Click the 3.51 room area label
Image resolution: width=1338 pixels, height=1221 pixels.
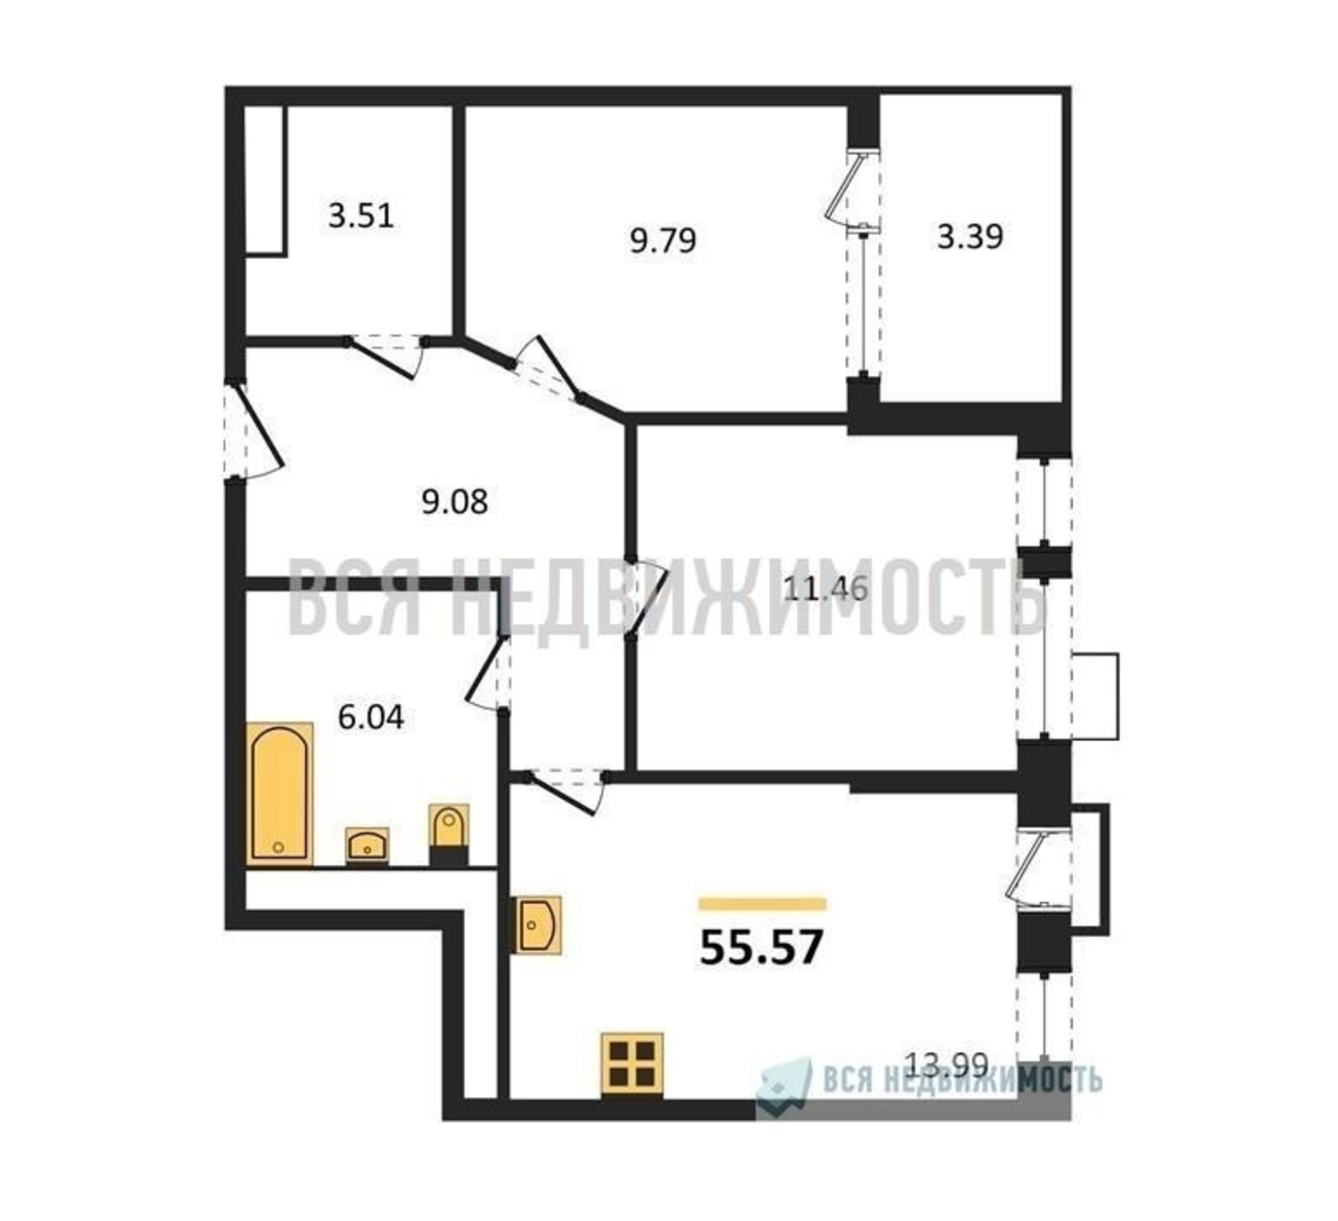point(361,216)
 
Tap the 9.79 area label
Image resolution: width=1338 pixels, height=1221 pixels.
point(663,240)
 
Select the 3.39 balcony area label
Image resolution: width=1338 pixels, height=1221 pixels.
point(969,236)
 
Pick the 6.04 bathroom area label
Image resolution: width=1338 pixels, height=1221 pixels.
point(371,717)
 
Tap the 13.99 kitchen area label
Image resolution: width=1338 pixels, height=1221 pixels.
point(947,1084)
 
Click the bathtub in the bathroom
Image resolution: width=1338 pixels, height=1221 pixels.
point(279,794)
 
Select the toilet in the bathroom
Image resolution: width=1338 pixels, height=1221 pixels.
point(448,835)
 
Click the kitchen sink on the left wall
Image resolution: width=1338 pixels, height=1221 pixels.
point(536,926)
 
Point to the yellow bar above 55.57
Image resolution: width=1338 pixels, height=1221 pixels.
point(762,904)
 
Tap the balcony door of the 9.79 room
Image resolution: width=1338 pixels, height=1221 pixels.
point(852,192)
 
